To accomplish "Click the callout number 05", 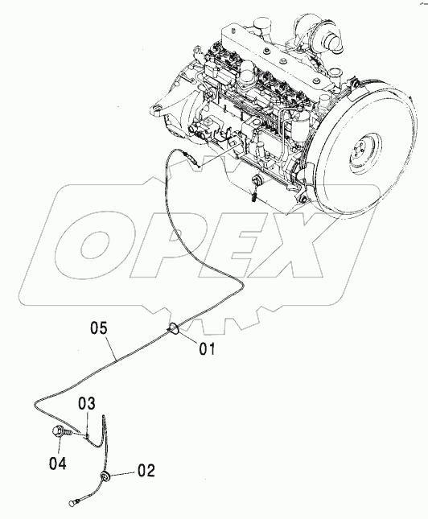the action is pos(99,329).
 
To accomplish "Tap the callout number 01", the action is pos(207,349).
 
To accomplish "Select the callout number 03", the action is pos(87,404).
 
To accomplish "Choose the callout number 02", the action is pos(146,471).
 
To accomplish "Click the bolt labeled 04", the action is pos(60,432).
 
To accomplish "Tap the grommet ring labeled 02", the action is pos(105,477).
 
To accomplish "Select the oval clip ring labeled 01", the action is pos(175,328).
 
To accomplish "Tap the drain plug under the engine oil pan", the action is pos(257,181).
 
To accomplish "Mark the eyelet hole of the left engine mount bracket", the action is pos(155,109).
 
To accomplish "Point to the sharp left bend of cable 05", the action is pos(35,404).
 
